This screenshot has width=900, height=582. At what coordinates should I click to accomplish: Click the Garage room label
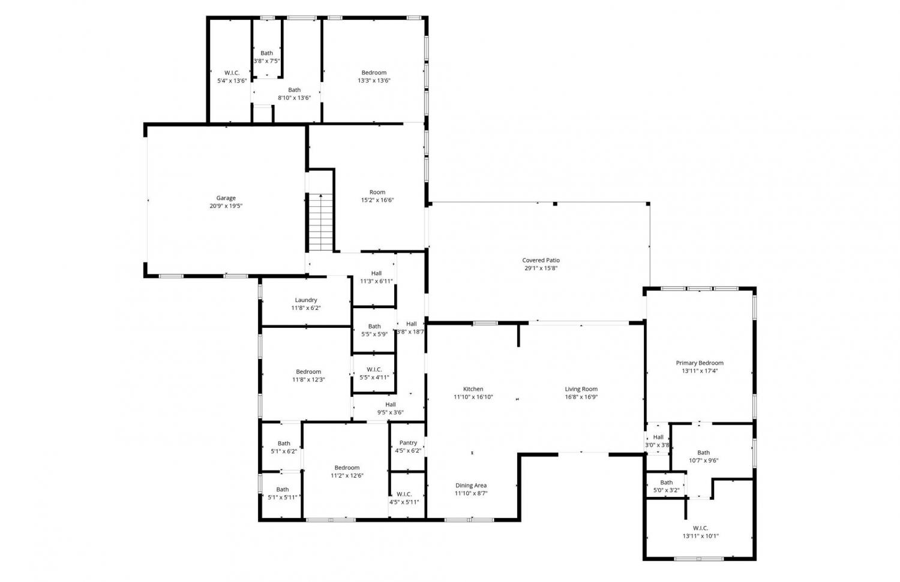[226, 198]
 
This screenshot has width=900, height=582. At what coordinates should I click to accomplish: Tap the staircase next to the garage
[320, 222]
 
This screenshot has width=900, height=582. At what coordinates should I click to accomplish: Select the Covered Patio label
[541, 260]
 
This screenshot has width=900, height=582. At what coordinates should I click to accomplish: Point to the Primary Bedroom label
[700, 363]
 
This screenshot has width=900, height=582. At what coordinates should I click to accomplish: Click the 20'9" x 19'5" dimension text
[226, 206]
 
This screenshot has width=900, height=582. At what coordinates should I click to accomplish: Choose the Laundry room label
[306, 300]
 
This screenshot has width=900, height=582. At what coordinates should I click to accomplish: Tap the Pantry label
[408, 443]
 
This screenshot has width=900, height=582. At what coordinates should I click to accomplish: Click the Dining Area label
[471, 485]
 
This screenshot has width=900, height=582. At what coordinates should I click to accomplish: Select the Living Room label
[581, 389]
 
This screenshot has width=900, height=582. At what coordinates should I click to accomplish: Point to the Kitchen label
[473, 389]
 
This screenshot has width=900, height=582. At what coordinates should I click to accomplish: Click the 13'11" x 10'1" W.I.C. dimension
[700, 536]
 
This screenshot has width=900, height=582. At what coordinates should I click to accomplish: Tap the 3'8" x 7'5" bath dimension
[266, 61]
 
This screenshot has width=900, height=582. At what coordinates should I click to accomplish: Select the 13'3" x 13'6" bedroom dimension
[374, 80]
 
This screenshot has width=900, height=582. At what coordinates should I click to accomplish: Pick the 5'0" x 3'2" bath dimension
[666, 490]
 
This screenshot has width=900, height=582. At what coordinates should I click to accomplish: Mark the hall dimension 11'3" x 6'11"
[376, 281]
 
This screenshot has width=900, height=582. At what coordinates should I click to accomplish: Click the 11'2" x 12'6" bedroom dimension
[347, 476]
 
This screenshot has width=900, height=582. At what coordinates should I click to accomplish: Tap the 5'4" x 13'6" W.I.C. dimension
[232, 81]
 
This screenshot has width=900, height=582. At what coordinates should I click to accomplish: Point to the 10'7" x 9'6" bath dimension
[703, 460]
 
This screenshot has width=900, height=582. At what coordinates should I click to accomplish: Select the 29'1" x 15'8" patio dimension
[541, 268]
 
